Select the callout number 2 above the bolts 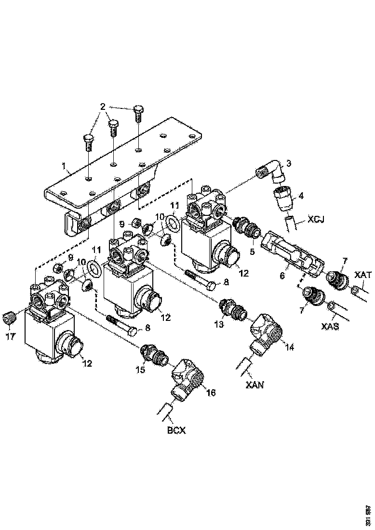coord(102,106)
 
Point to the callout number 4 coord(301,196)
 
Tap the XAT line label coord(362,275)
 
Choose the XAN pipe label coord(254,384)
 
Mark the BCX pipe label coord(176,430)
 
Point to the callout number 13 coord(218,324)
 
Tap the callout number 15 coord(140,369)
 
